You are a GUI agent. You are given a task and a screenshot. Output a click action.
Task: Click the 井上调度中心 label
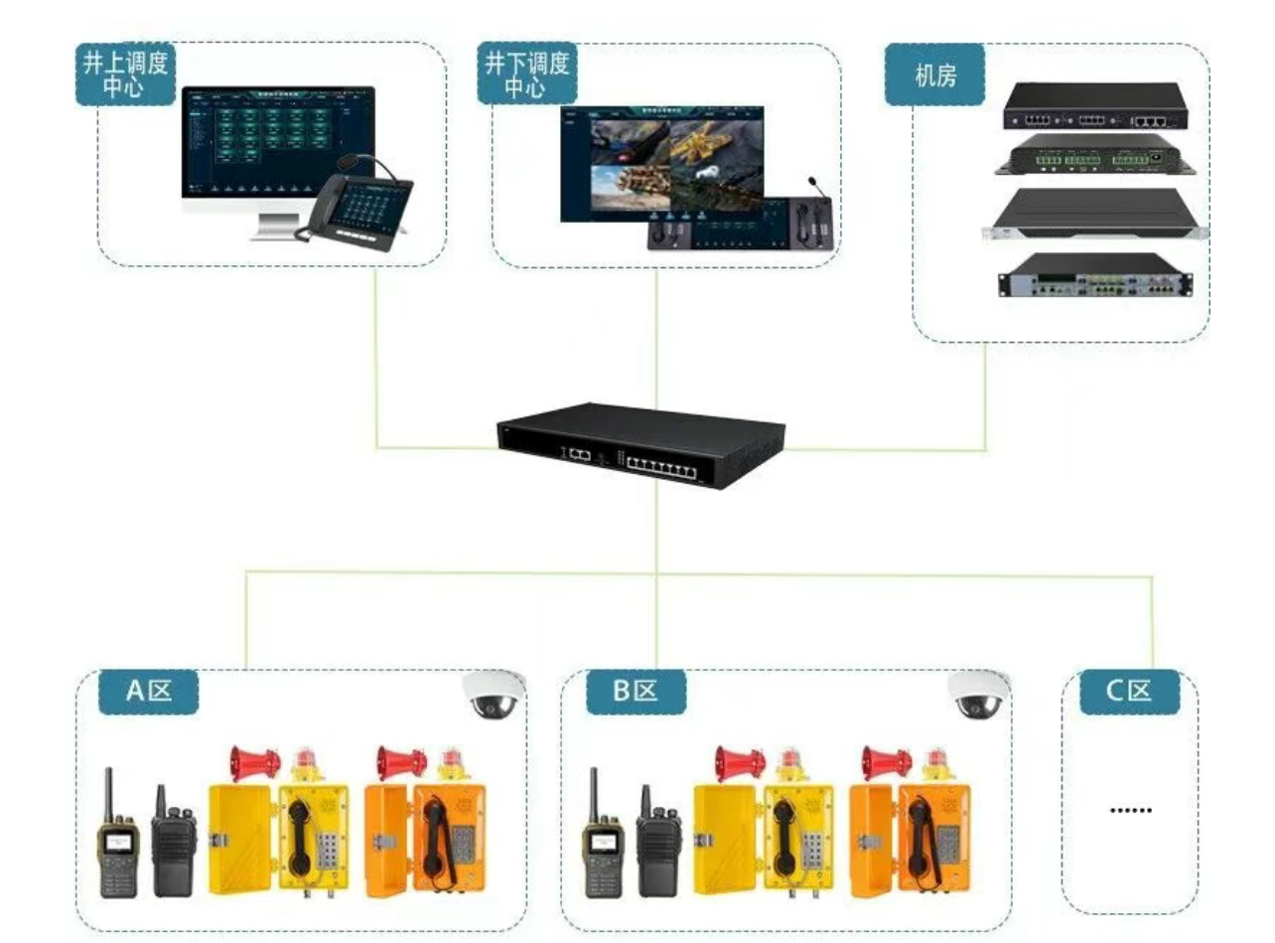[x=124, y=76]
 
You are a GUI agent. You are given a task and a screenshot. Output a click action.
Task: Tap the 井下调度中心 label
[x=525, y=76]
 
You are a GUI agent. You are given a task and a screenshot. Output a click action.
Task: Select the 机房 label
[x=934, y=75]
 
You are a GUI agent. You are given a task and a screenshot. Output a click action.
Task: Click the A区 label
[x=148, y=692]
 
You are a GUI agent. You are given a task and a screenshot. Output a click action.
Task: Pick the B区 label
[x=635, y=692]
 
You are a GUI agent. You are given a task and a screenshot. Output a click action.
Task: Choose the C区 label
[x=1130, y=692]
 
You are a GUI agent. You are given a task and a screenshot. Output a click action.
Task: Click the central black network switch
[x=640, y=444]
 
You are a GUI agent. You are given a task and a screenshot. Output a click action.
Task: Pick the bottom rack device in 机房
[x=1095, y=276]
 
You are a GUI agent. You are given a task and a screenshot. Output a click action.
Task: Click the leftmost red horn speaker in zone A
[x=254, y=762]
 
